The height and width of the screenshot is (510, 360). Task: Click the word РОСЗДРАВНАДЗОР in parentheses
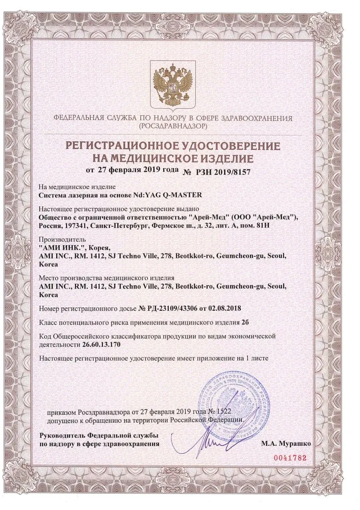point(173,127)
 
